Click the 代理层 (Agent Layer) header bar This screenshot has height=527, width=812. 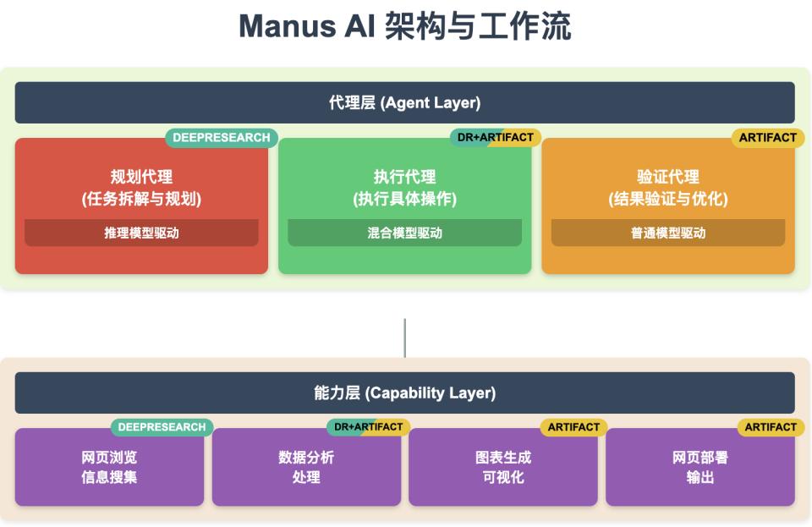tap(404, 103)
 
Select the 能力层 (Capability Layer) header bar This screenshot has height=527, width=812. tap(404, 393)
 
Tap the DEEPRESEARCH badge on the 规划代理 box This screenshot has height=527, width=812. tap(221, 138)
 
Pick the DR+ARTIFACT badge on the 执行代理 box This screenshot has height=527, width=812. tap(495, 138)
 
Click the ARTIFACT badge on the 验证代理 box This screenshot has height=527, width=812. tap(767, 138)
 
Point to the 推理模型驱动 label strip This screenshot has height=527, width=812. tap(141, 233)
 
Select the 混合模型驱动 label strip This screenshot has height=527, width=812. tap(404, 233)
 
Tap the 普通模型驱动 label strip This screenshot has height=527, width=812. tap(667, 233)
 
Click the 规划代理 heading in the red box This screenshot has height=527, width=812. tap(141, 178)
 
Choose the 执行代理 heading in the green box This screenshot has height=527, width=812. tap(404, 178)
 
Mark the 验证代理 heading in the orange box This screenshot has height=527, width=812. tap(667, 178)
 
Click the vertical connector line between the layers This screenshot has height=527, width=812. tap(404, 338)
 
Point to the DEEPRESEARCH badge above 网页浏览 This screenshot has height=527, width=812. tap(162, 427)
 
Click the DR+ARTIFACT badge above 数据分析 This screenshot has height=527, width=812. tap(368, 427)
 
